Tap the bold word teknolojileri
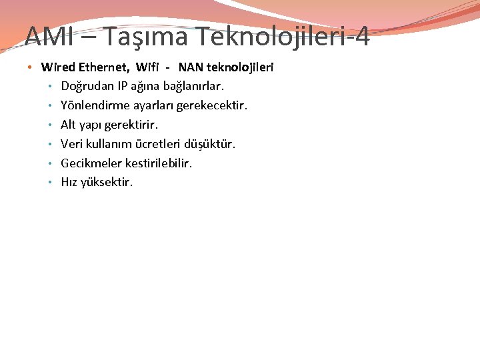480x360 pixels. [241, 67]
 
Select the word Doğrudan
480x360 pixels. [85, 87]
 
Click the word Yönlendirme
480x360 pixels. [93, 105]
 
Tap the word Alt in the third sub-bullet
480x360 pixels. [68, 125]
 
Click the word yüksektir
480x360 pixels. [107, 182]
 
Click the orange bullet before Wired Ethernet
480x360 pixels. [31, 68]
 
